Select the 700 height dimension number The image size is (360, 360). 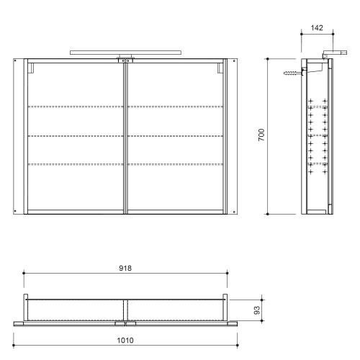(263, 135)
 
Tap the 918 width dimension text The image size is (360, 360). (126, 267)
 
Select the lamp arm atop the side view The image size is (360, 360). (332, 53)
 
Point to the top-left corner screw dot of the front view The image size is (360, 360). (17, 64)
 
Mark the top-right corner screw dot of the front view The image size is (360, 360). (235, 64)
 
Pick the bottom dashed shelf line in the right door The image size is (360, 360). (176, 165)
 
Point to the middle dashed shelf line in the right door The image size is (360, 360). (176, 136)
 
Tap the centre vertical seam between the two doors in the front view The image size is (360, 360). (125, 137)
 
